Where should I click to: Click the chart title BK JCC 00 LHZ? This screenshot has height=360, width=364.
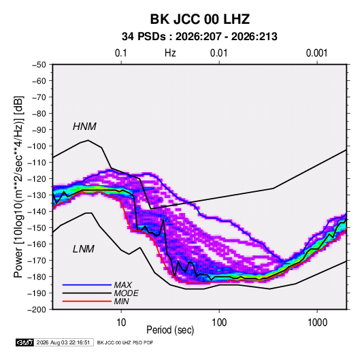pyautogui.click(x=200, y=19)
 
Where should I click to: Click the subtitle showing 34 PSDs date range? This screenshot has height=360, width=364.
pyautogui.click(x=199, y=37)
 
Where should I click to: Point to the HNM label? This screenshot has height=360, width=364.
pyautogui.click(x=84, y=127)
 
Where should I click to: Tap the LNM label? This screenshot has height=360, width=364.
pyautogui.click(x=84, y=249)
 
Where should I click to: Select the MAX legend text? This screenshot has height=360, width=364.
pyautogui.click(x=123, y=285)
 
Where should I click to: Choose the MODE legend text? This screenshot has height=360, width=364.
pyautogui.click(x=127, y=293)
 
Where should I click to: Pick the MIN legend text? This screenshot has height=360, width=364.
pyautogui.click(x=121, y=301)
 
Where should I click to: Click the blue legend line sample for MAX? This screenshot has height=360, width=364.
pyautogui.click(x=87, y=285)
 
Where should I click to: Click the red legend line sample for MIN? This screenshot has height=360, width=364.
pyautogui.click(x=87, y=301)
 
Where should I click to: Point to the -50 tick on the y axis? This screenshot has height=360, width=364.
pyautogui.click(x=39, y=65)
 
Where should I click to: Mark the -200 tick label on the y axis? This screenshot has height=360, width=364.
pyautogui.click(x=37, y=310)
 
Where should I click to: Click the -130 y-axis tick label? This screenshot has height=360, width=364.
pyautogui.click(x=37, y=195)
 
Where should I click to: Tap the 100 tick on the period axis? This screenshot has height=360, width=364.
pyautogui.click(x=219, y=323)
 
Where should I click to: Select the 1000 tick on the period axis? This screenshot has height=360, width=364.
pyautogui.click(x=317, y=323)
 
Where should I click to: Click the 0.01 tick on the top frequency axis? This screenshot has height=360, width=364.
pyautogui.click(x=218, y=53)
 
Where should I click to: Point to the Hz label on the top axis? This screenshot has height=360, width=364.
pyautogui.click(x=170, y=53)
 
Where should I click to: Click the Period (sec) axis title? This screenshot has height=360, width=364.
pyautogui.click(x=170, y=330)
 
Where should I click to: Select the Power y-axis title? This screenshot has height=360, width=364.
pyautogui.click(x=18, y=187)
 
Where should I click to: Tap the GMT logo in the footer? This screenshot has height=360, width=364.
pyautogui.click(x=25, y=342)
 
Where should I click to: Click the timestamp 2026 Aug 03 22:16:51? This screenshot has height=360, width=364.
pyautogui.click(x=63, y=342)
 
